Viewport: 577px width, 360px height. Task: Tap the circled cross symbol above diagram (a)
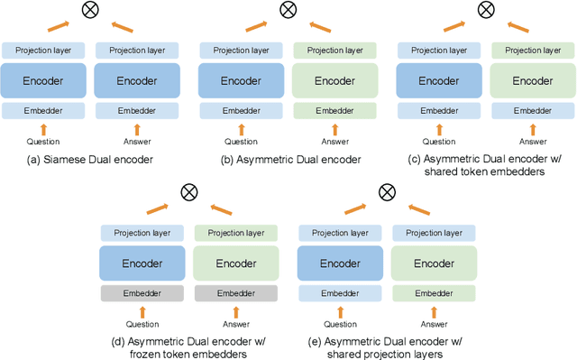click(90, 11)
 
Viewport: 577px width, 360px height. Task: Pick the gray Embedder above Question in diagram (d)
click(142, 293)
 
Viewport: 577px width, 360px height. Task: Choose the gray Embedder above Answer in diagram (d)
click(236, 293)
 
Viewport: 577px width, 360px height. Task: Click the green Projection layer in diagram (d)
click(236, 233)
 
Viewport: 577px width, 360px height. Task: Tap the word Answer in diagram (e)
click(434, 323)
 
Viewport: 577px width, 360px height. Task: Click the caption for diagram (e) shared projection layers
click(386, 346)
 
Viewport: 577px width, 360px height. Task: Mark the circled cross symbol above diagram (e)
click(386, 191)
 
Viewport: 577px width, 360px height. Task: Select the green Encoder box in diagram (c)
click(532, 80)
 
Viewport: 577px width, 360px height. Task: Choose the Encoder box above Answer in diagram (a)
click(136, 80)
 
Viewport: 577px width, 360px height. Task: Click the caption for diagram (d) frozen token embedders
click(188, 346)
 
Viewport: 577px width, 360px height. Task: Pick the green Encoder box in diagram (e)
click(434, 263)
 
